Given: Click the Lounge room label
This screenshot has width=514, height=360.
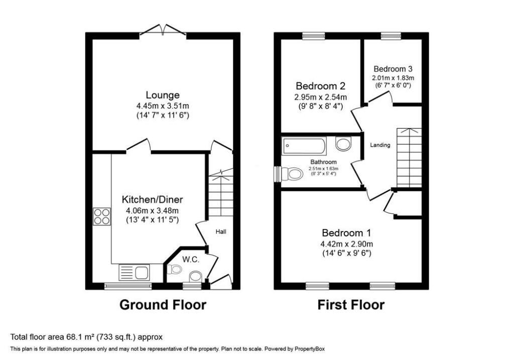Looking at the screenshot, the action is point(163,95).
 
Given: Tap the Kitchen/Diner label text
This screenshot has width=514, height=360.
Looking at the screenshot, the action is point(153,199).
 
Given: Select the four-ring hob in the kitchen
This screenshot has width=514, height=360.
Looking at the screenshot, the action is point(102,217).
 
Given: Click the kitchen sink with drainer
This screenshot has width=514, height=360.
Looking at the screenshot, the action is point(134,273).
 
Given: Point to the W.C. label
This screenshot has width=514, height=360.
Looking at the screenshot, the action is point(191,260).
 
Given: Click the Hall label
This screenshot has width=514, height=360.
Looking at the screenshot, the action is point(221,232).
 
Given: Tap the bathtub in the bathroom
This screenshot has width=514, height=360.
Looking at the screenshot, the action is point(304,146).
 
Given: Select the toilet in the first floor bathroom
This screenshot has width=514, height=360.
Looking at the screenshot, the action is point(292,174).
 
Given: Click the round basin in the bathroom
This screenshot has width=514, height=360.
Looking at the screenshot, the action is point(343,144).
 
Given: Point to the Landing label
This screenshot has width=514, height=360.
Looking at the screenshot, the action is point(380,145).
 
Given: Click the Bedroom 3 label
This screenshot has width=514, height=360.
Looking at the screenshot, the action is point(393,69).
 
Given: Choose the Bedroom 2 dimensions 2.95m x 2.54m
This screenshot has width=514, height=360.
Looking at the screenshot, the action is point(321,97).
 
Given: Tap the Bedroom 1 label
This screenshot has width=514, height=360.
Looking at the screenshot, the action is point(346,233).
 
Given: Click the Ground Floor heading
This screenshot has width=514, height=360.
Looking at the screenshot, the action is point(163,305).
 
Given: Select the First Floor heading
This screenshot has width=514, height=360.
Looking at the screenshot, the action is point(351,305).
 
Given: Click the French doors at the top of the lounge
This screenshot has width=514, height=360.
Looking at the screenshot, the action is point(163,30).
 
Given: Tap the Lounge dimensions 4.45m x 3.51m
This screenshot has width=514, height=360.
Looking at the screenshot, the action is point(163,106).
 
